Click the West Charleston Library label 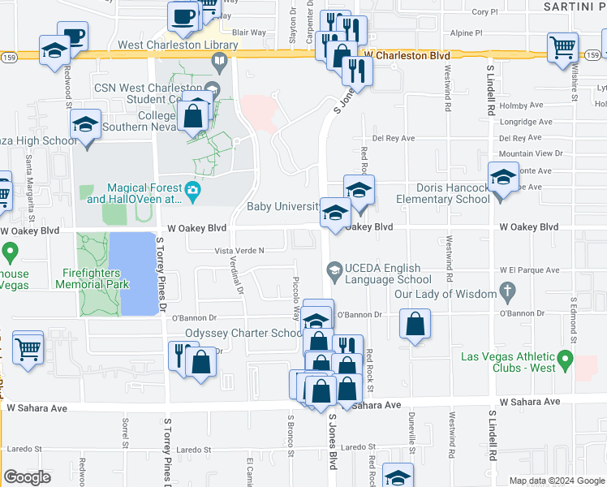pyautogui.click(x=178, y=45)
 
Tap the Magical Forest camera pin pyautogui.click(x=193, y=192)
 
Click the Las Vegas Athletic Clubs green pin pyautogui.click(x=566, y=358)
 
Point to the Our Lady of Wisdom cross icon pyautogui.click(x=508, y=289)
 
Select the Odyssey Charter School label pyautogui.click(x=244, y=333)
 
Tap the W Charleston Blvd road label pyautogui.click(x=407, y=55)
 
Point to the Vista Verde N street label pyautogui.click(x=239, y=251)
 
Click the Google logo pyautogui.click(x=27, y=477)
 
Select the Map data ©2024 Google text pyautogui.click(x=556, y=481)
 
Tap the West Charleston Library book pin pyautogui.click(x=219, y=61)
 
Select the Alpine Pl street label pyautogui.click(x=467, y=34)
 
